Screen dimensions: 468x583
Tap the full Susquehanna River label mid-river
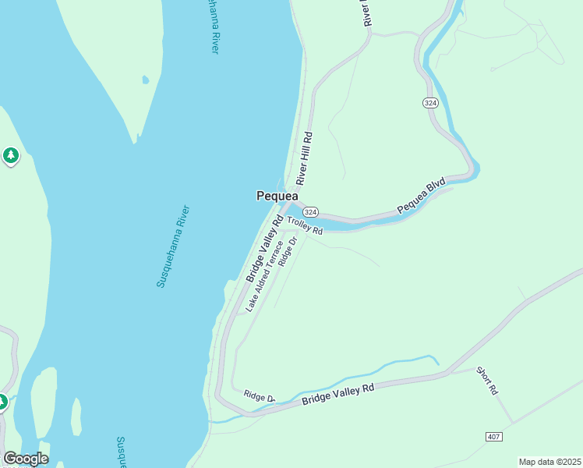pos(173,246)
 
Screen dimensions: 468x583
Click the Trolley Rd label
pos(305,225)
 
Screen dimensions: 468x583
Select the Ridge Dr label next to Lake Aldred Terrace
pos(289,252)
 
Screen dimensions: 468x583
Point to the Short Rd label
pos(486,381)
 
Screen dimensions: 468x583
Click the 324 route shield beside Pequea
pos(310,212)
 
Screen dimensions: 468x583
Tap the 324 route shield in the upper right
pos(431,103)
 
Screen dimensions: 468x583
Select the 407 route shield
pos(493,435)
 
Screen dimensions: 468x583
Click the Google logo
pos(26,459)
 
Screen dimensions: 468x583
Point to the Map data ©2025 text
pos(549,462)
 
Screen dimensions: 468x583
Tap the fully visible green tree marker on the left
pos(10,156)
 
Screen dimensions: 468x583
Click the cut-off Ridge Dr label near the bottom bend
pos(260,397)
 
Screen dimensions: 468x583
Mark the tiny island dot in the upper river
pos(146,80)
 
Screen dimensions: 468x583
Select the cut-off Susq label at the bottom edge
pos(122,452)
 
